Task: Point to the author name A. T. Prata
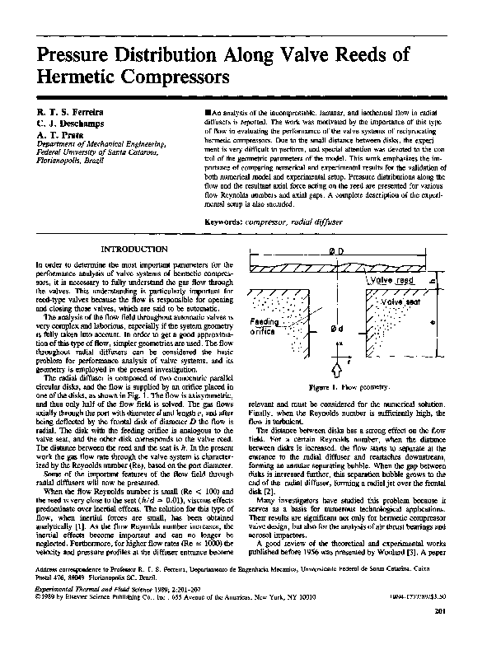coord(58,134)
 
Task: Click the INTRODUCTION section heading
coord(134,249)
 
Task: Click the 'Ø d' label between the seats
coord(337,329)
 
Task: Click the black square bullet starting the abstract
coord(205,110)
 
